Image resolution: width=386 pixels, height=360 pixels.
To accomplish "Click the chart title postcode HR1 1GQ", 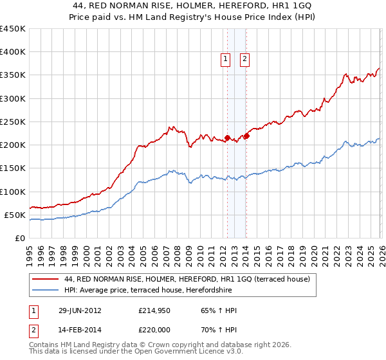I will [x=282, y=6].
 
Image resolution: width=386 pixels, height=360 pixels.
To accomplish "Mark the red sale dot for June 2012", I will [x=227, y=138].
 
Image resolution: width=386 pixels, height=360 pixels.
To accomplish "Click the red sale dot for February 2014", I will [x=246, y=136].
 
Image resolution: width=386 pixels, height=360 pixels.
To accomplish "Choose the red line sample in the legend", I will [x=46, y=279].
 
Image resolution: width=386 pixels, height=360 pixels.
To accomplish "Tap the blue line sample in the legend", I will [x=46, y=290].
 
